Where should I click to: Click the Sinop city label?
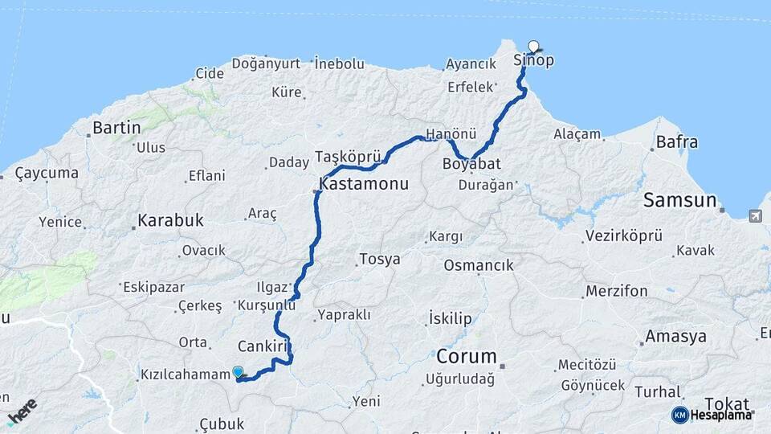533,61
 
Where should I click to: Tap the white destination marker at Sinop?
533,47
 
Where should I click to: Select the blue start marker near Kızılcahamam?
238,372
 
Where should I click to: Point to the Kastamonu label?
364,184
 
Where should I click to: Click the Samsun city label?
679,200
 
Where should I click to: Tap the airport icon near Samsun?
755,215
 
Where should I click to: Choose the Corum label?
467,356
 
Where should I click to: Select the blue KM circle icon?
679,415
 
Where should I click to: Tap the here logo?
22,411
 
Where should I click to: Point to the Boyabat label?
471,164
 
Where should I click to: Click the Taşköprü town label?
347,155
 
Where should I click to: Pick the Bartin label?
116,128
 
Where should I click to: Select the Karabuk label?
170,220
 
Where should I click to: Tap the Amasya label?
675,336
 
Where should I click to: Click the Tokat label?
726,403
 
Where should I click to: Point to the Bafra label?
677,142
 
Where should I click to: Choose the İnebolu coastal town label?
340,63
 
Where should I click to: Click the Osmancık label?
478,265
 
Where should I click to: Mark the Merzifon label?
616,291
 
